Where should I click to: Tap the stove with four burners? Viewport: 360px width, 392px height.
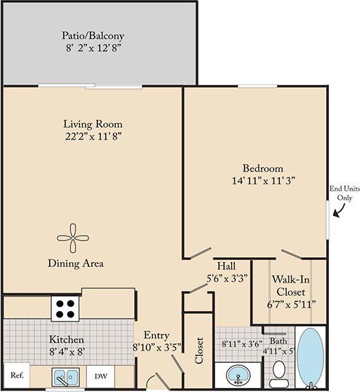[x=66, y=307]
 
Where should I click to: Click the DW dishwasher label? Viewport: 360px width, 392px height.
[x=100, y=376]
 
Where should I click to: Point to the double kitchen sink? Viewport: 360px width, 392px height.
[x=66, y=377]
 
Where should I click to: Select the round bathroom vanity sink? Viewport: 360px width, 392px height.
[x=238, y=376]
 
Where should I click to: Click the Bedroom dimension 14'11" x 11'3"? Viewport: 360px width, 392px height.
[x=263, y=181]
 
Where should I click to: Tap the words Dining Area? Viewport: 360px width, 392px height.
[x=75, y=263]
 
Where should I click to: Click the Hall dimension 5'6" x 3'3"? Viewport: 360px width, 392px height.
[x=227, y=278]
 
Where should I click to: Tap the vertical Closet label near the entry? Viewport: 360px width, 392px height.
[x=200, y=351]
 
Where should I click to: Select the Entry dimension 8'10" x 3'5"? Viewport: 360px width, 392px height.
[x=156, y=348]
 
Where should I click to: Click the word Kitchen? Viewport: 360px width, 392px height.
[x=66, y=340]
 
